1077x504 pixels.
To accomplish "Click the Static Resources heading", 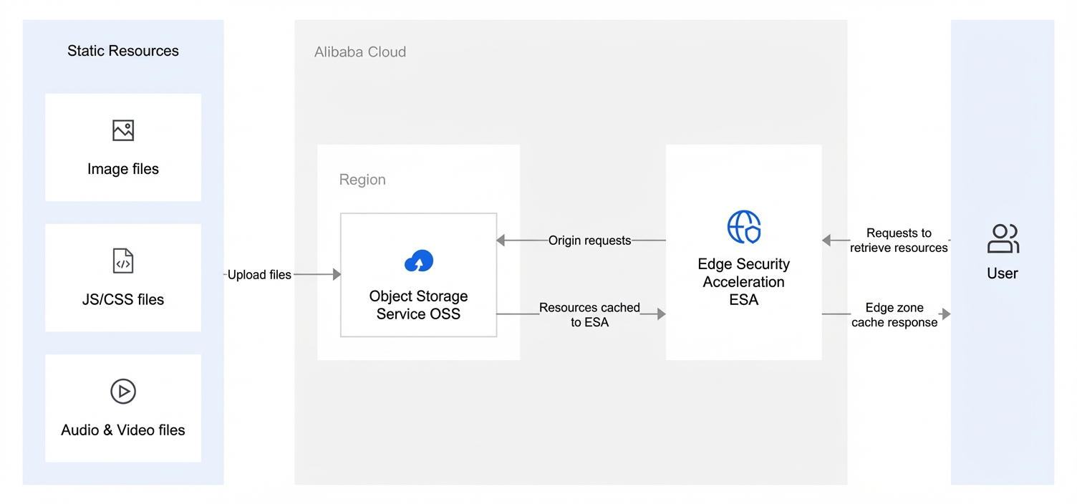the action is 123,51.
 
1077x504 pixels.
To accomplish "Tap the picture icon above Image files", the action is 123,130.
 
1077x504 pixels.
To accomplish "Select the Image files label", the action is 123,169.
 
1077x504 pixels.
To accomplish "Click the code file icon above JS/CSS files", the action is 123,261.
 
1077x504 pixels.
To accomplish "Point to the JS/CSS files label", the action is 123,299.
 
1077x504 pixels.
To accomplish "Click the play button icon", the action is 123,392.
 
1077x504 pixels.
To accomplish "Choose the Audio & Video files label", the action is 123,430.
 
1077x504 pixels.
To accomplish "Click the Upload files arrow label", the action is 259,275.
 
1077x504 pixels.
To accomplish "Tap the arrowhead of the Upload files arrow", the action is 337,274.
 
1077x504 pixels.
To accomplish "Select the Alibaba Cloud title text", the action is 360,52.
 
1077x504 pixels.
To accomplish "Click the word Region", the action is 362,180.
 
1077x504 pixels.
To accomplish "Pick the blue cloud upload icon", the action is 419,261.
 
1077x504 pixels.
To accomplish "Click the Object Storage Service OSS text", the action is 418,305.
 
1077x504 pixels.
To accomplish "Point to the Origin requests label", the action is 589,241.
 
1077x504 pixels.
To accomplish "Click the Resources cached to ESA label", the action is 589,315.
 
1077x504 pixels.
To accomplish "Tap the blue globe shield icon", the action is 744,227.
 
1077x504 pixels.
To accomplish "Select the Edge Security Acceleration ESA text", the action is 744,281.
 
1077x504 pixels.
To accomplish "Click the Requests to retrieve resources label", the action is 899,241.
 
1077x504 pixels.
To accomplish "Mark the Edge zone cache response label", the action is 894,315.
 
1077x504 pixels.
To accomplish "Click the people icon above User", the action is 1003,239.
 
